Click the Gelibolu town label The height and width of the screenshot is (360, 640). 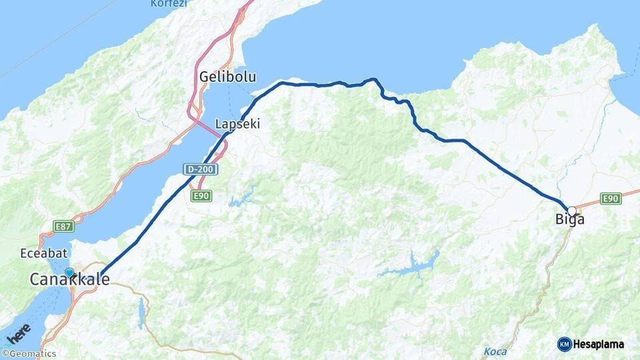point(227,77)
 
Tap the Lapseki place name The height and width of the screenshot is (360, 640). point(237,124)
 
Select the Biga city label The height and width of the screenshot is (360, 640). point(569,219)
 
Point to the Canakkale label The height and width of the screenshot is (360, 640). point(69,280)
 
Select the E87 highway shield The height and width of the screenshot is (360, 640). point(64,227)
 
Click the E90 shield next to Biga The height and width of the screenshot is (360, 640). point(611,198)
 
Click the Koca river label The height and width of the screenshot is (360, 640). point(494,351)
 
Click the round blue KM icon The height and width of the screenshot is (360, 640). point(564,345)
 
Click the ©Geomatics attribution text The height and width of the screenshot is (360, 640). point(29,354)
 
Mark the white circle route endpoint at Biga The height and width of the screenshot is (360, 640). point(571,211)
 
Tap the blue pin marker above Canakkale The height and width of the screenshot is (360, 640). point(69,272)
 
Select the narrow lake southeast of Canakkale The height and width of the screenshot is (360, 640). point(141,313)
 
